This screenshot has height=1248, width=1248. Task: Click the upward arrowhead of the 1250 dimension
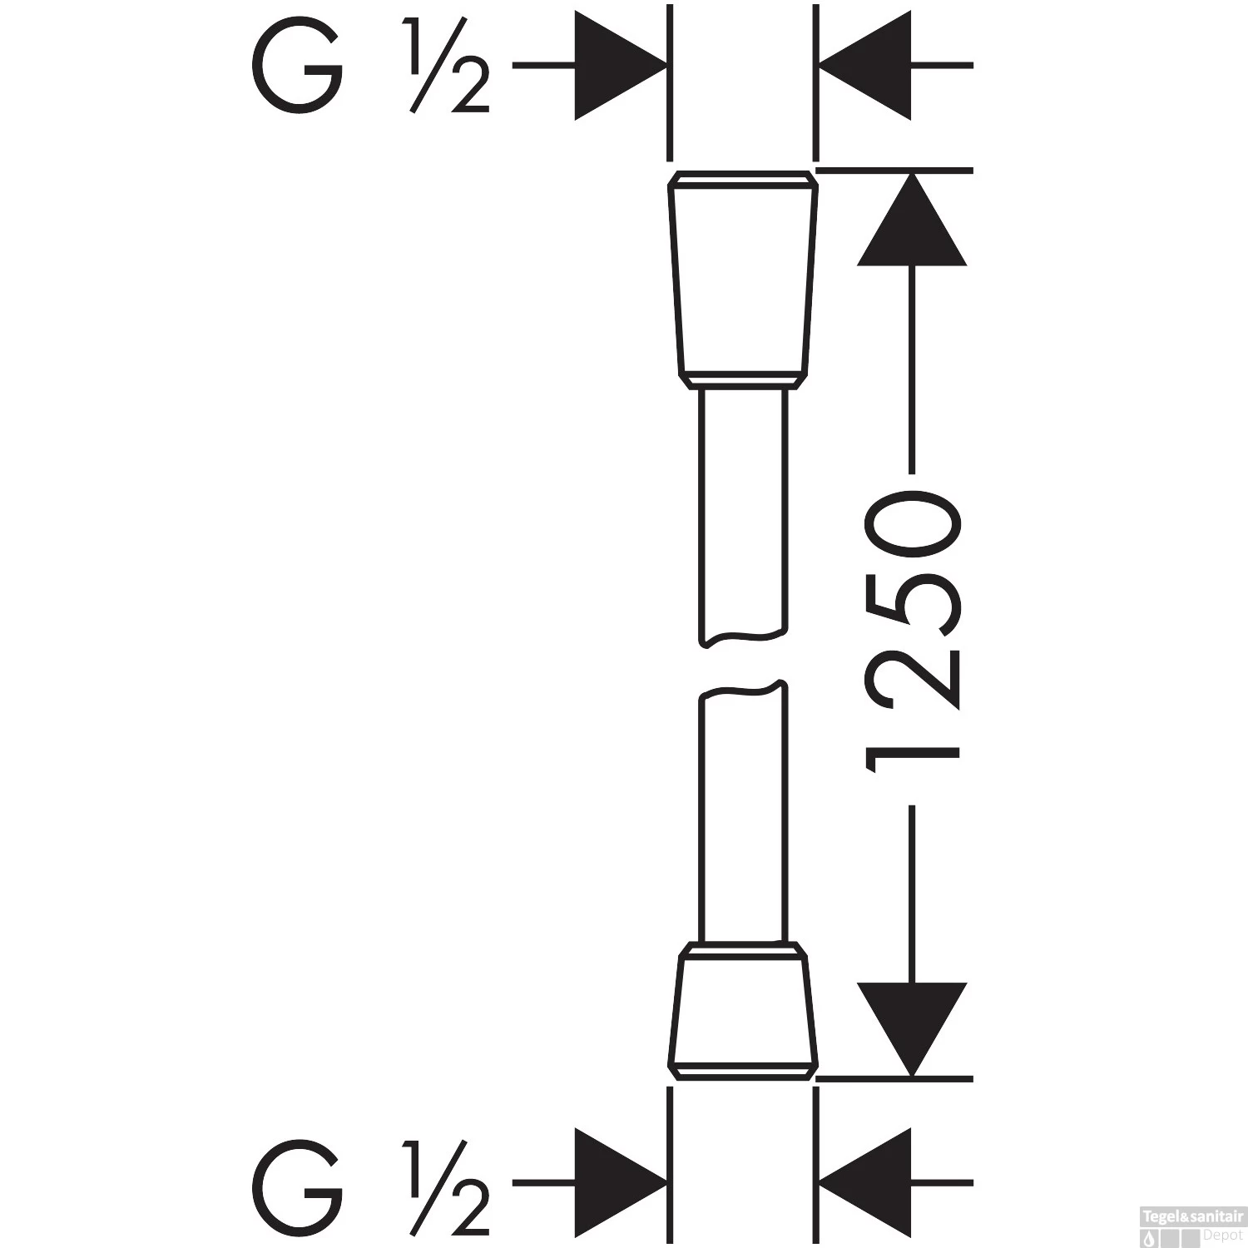[912, 218]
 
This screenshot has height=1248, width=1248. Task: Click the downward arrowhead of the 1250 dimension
[912, 1030]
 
